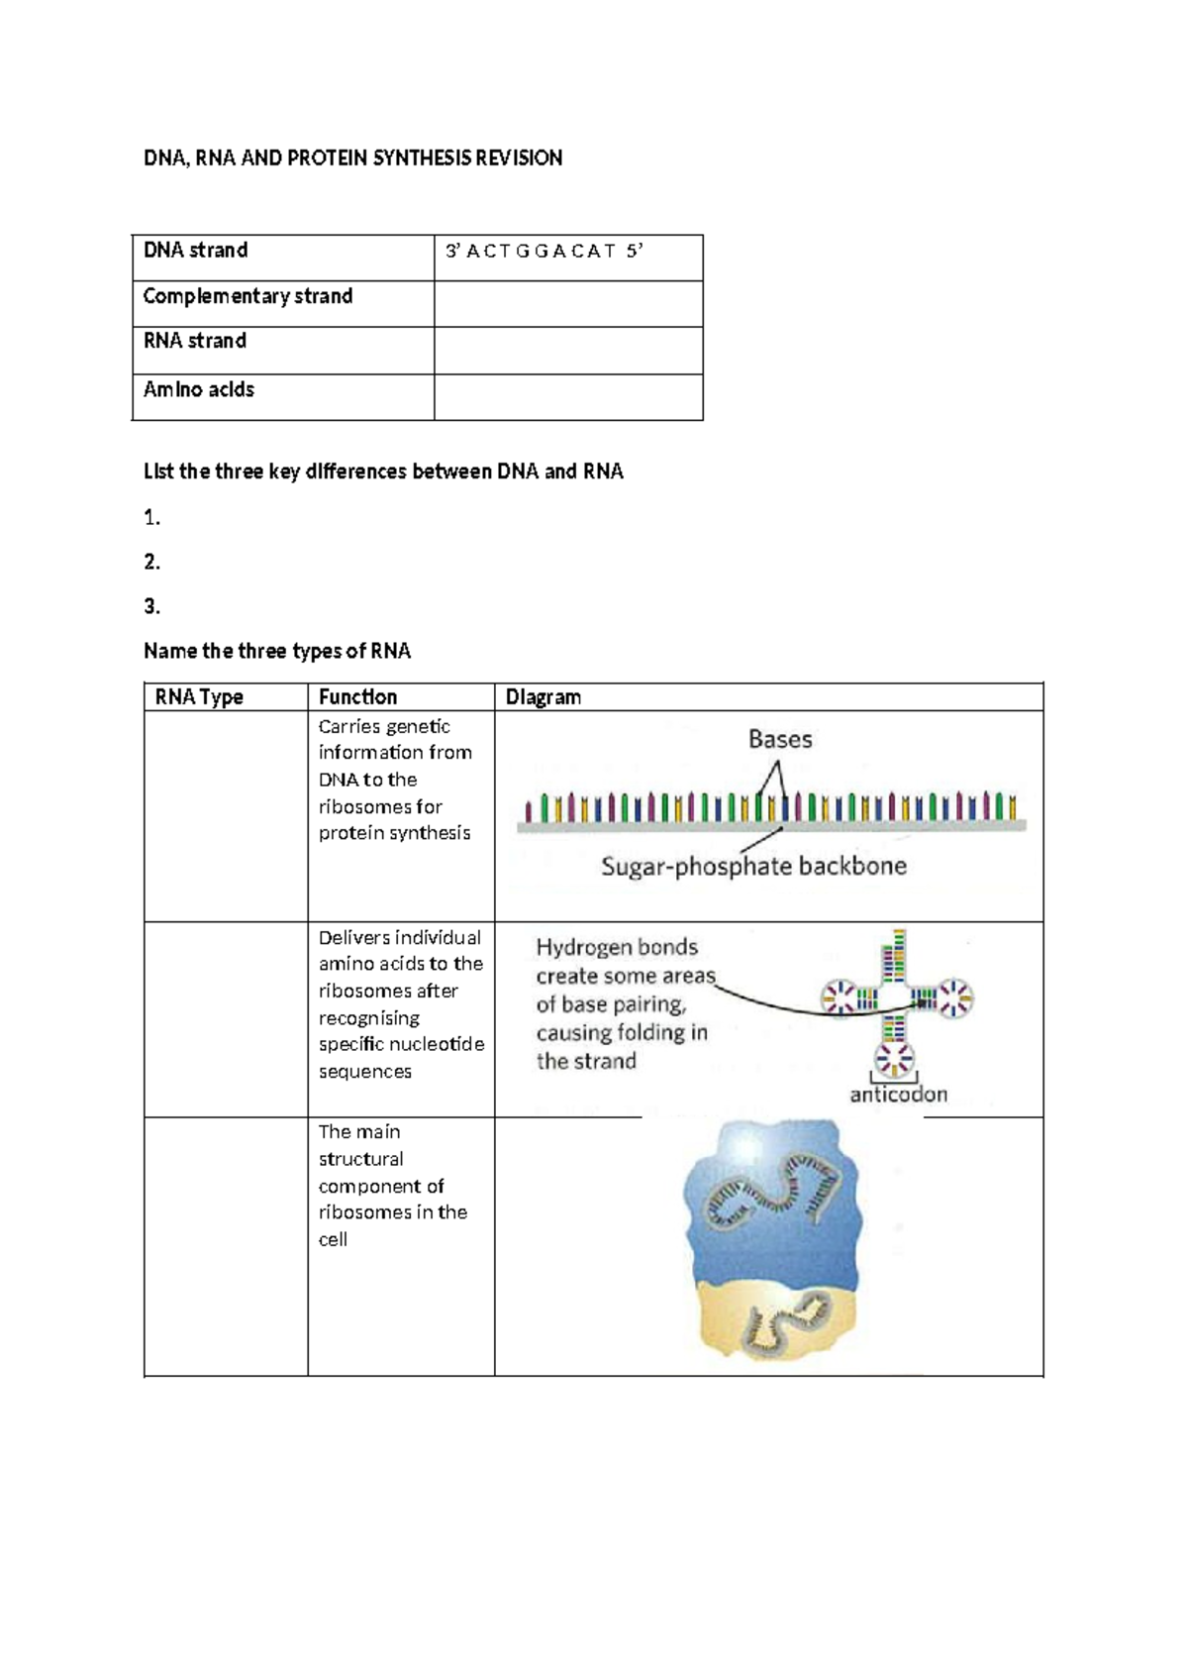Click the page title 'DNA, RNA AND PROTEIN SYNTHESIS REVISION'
pyautogui.click(x=352, y=158)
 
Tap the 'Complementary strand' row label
pyautogui.click(x=247, y=296)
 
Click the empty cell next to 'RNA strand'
pyautogui.click(x=568, y=351)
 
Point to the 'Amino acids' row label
pyautogui.click(x=199, y=390)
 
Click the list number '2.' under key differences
pyautogui.click(x=151, y=563)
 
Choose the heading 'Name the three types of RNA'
pyautogui.click(x=276, y=652)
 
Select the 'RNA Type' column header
pyautogui.click(x=199, y=697)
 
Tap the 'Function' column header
pyautogui.click(x=357, y=697)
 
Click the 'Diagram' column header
pyautogui.click(x=543, y=697)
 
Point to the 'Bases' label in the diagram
pyautogui.click(x=780, y=740)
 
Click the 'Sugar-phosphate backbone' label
pyautogui.click(x=753, y=867)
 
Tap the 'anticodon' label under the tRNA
pyautogui.click(x=898, y=1095)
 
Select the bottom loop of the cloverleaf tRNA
pyautogui.click(x=895, y=1059)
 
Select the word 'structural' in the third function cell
pyautogui.click(x=360, y=1159)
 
